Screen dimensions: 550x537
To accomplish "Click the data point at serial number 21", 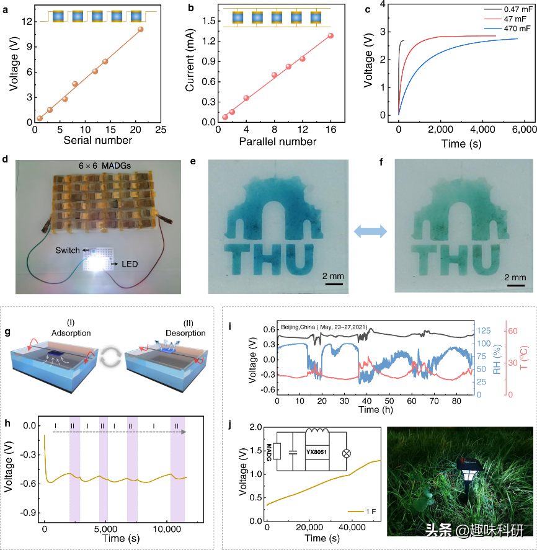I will [x=141, y=29].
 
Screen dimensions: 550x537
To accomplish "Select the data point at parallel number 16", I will [x=331, y=35].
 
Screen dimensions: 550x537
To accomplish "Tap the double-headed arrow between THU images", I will [x=370, y=231].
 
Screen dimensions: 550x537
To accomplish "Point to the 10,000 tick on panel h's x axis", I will [x=166, y=531].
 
